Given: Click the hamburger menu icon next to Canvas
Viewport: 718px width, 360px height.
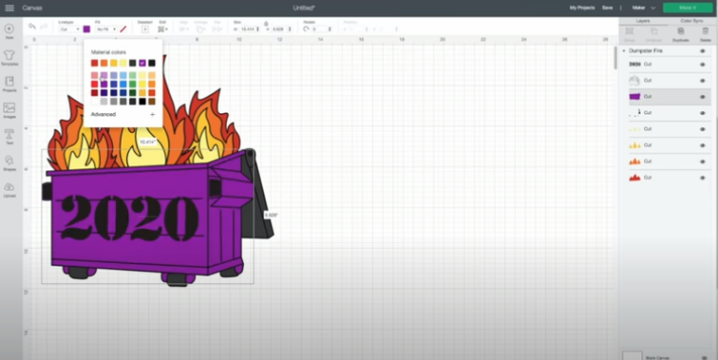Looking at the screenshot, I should pos(7,7).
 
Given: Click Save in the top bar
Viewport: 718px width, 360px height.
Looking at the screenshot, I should pos(608,7).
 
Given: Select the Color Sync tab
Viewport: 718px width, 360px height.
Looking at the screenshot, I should pos(692,20).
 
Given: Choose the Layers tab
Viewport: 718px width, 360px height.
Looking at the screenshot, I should pos(643,20).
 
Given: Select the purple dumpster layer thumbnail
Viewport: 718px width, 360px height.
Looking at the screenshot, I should pos(635,96).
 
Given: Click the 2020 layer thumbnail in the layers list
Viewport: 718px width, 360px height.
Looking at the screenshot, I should pos(635,65).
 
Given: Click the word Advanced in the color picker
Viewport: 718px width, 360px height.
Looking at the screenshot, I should pos(104,114).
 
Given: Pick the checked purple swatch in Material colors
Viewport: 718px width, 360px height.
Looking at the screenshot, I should pos(142,63).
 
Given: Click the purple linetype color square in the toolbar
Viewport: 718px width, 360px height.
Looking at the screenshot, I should pos(87,29).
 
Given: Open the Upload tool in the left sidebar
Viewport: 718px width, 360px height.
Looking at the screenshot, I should pos(9,190).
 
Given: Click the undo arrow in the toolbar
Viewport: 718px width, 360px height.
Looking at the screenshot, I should pos(32,27).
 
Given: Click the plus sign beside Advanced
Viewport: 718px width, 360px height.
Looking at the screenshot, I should pos(152,114).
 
